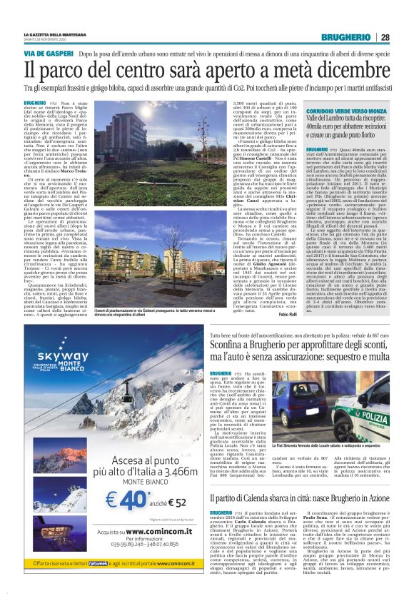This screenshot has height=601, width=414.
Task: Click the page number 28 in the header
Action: pyautogui.click(x=385, y=37)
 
